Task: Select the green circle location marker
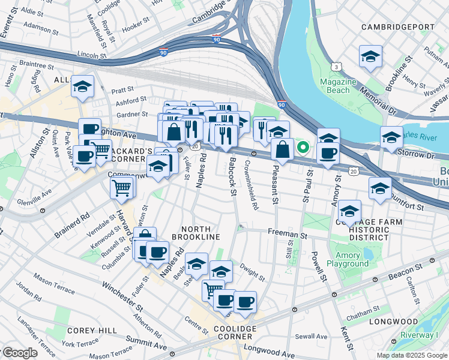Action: tap(304, 146)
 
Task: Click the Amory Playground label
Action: tap(348, 259)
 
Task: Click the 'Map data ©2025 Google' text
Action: tap(412, 355)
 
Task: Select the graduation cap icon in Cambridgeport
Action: tap(370, 56)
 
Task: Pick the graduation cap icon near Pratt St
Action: tap(82, 86)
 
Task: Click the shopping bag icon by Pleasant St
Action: tap(282, 149)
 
